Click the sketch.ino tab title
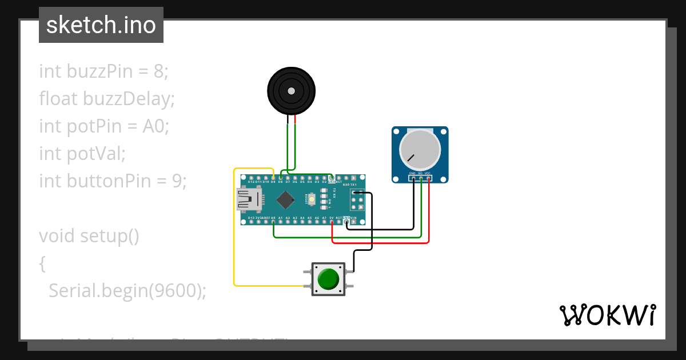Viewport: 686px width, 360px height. tap(101, 25)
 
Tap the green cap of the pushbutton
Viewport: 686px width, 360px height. tap(328, 279)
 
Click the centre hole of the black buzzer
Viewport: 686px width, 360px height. tap(292, 91)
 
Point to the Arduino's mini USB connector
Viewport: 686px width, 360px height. tap(249, 199)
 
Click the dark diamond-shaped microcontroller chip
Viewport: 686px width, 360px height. tap(285, 199)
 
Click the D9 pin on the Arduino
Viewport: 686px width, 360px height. tap(273, 178)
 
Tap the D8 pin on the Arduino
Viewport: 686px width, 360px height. tap(281, 178)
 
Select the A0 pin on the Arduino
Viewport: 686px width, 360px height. tap(273, 222)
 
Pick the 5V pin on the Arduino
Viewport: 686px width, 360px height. tap(332, 222)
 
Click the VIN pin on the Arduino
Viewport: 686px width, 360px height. tap(354, 222)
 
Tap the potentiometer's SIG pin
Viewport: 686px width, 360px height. tap(421, 178)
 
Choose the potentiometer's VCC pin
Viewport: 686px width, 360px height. tap(428, 178)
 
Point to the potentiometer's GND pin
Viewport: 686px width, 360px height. tap(413, 178)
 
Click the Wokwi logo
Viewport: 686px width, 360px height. tap(607, 315)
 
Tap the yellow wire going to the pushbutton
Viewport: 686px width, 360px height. tap(234, 240)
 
